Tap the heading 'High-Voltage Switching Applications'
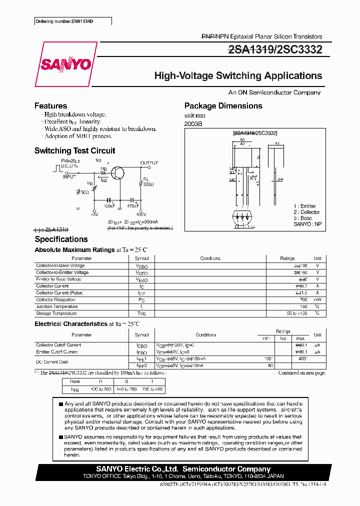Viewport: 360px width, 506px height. coord(238,76)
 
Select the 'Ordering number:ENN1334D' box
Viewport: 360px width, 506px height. coord(72,21)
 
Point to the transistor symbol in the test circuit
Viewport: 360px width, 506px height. coord(118,173)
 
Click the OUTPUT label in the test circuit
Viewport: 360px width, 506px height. coord(148,163)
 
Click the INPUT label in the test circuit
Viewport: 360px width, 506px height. coord(69,176)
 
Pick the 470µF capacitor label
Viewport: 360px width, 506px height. coord(132,205)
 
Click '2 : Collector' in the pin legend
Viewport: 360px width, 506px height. coord(306,212)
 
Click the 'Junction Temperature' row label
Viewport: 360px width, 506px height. coord(56,306)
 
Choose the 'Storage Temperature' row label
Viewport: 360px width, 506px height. coord(56,313)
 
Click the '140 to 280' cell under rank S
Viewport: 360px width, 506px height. coord(126,389)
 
